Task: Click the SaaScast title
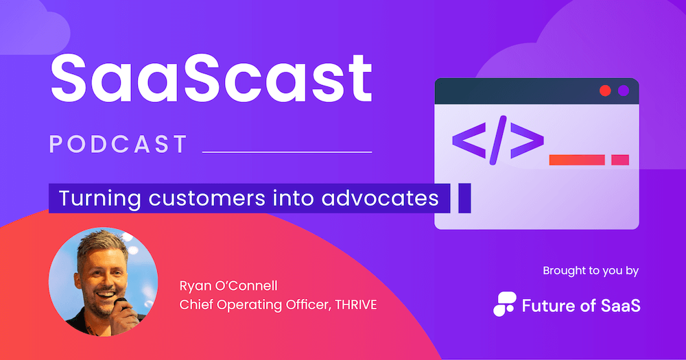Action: (x=211, y=79)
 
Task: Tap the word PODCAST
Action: (x=119, y=145)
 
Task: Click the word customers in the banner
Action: (x=207, y=198)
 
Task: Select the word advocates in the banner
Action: (x=380, y=198)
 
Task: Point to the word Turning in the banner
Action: (x=99, y=199)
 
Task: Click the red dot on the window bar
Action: (x=605, y=91)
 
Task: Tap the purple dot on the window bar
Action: (x=624, y=91)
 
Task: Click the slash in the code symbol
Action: (x=498, y=141)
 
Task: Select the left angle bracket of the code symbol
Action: (x=469, y=141)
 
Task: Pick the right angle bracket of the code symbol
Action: (x=527, y=141)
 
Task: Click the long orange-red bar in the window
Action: (x=577, y=160)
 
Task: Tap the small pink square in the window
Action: (x=620, y=160)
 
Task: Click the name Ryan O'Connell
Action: (x=228, y=286)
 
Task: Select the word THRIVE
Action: (x=355, y=305)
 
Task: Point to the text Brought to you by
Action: (x=591, y=272)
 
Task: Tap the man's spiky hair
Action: (x=102, y=245)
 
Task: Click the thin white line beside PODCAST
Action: (x=287, y=152)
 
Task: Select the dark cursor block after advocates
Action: (x=464, y=198)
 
